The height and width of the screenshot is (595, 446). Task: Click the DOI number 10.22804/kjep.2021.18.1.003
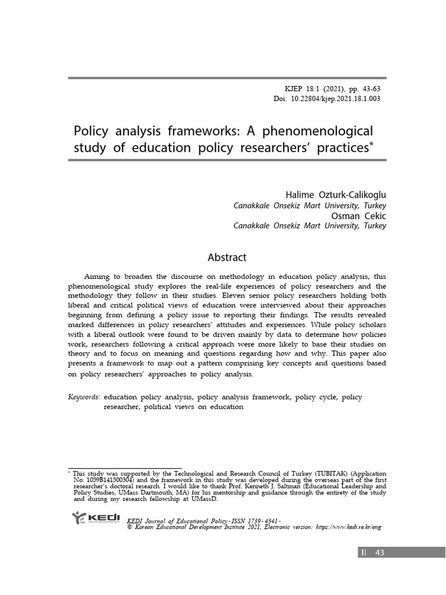[337, 99]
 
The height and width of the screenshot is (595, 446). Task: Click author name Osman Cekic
[358, 216]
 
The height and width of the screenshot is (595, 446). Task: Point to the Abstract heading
[227, 257]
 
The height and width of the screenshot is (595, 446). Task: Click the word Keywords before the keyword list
[84, 397]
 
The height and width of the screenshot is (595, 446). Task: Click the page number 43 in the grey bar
[380, 553]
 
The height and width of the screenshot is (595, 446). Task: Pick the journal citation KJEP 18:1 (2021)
[307, 89]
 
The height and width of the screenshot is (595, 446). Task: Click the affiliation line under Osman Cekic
[310, 226]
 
